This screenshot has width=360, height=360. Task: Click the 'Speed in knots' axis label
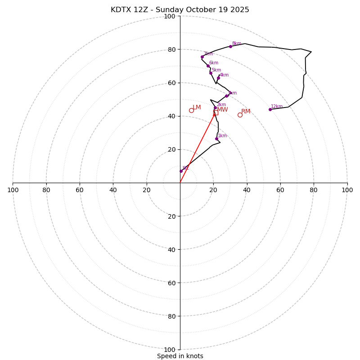pyautogui.click(x=180, y=356)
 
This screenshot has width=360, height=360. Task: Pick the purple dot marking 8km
pyautogui.click(x=230, y=46)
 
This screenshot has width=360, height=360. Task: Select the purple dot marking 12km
pyautogui.click(x=270, y=109)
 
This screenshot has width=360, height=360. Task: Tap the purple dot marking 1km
pyautogui.click(x=216, y=139)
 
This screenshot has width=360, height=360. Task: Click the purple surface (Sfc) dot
pyautogui.click(x=181, y=171)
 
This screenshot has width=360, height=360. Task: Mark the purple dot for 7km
pyautogui.click(x=202, y=57)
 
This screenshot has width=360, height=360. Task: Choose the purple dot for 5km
pyautogui.click(x=211, y=73)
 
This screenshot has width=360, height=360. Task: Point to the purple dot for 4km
pyautogui.click(x=218, y=78)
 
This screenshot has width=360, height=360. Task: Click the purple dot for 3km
pyautogui.click(x=226, y=96)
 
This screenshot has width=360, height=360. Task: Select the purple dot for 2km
pyautogui.click(x=215, y=108)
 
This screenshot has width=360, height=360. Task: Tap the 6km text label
pyautogui.click(x=213, y=63)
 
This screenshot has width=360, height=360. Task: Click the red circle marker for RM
pyautogui.click(x=240, y=115)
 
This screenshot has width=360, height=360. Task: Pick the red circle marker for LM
pyautogui.click(x=191, y=110)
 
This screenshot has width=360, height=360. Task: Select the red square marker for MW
pyautogui.click(x=216, y=112)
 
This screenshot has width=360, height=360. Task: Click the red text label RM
pyautogui.click(x=246, y=111)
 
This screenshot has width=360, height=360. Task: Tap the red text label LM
pyautogui.click(x=197, y=107)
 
